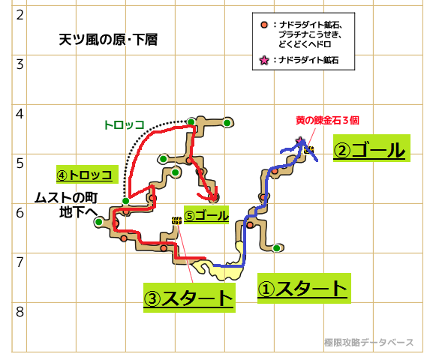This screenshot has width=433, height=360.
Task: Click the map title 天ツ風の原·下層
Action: tap(108, 40)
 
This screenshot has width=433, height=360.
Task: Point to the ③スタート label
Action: tap(188, 298)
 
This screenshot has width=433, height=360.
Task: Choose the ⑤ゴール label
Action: tap(206, 215)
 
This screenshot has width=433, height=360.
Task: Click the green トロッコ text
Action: tap(124, 125)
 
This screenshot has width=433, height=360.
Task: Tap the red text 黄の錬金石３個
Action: tap(327, 120)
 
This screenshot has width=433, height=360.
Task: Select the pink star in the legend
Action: tap(264, 60)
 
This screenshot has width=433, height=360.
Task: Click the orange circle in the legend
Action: tap(264, 25)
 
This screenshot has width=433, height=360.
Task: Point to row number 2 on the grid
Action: tap(20, 15)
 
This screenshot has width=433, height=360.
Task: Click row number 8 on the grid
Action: tap(20, 312)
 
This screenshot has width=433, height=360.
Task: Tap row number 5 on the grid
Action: tap(20, 163)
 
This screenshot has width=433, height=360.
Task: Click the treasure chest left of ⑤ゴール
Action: tap(176, 220)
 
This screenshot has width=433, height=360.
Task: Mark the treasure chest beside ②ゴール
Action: tap(309, 150)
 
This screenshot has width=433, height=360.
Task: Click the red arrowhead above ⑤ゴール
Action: tap(214, 196)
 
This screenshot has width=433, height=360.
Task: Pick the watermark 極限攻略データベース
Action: tap(368, 342)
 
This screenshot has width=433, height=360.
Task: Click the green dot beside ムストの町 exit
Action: tap(98, 222)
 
